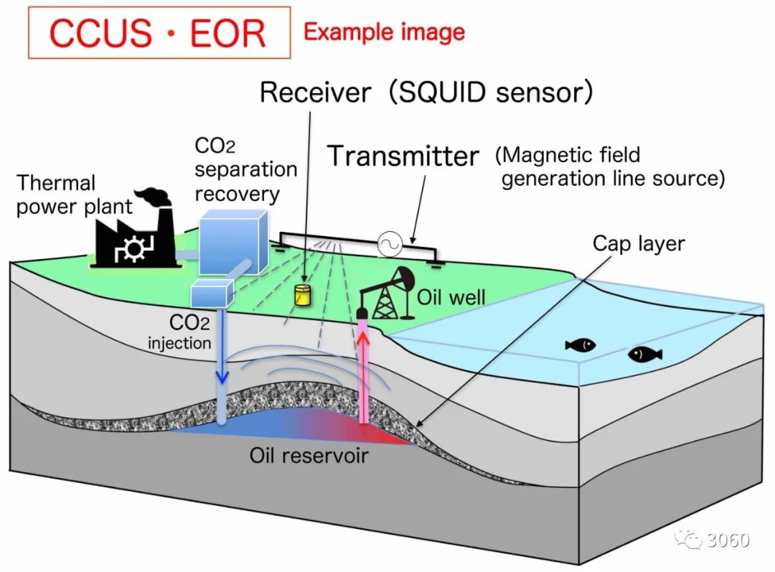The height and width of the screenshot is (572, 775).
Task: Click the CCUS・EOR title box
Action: [x=159, y=33]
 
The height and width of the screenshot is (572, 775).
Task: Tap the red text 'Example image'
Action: [x=384, y=32]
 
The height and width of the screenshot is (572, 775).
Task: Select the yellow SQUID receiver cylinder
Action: [x=306, y=294]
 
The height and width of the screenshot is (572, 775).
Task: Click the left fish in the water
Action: [x=581, y=345]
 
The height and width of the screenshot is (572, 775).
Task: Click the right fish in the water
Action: [x=644, y=354]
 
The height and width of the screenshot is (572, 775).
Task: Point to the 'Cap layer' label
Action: [x=638, y=244]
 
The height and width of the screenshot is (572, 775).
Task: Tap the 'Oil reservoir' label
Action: [x=309, y=455]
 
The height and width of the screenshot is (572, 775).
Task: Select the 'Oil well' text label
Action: [x=451, y=296]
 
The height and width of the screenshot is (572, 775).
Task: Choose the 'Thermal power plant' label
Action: [x=75, y=195]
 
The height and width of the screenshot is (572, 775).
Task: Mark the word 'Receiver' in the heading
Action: [x=316, y=93]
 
